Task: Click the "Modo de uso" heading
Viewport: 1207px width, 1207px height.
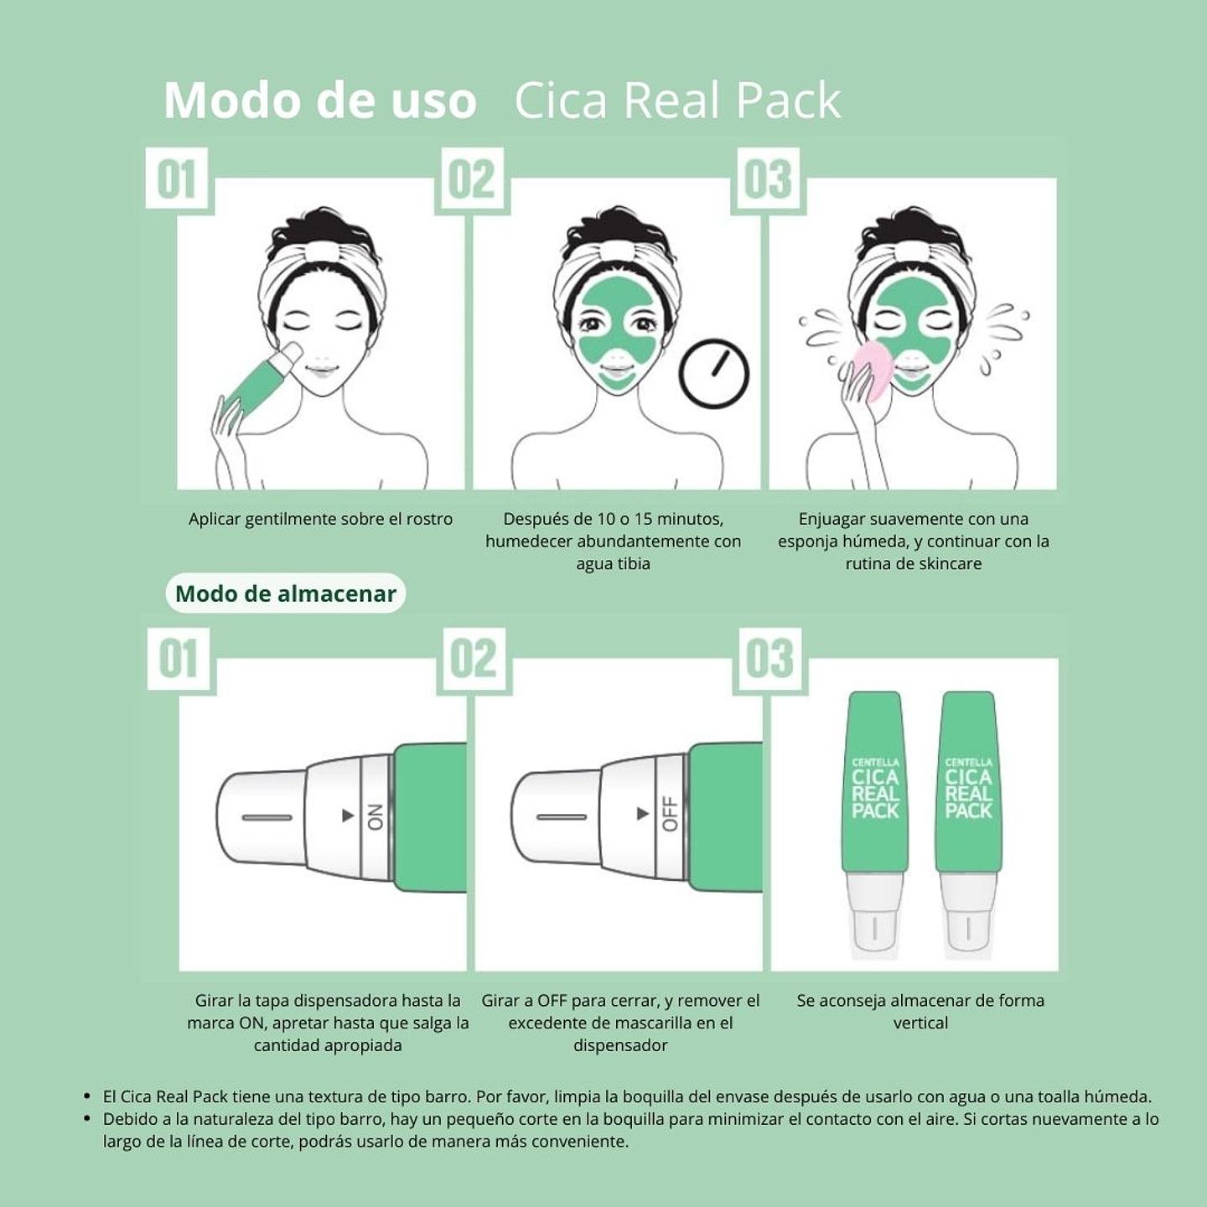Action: (320, 101)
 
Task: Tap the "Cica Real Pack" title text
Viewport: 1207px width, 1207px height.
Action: (677, 101)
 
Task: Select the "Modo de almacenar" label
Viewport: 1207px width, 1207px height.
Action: (285, 593)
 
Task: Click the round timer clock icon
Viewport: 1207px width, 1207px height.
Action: (713, 373)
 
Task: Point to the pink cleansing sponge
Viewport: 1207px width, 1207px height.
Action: (874, 369)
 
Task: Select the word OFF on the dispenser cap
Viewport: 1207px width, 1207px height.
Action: (670, 814)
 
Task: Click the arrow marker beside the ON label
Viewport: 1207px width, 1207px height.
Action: (348, 816)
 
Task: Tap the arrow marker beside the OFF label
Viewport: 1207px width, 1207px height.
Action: (643, 814)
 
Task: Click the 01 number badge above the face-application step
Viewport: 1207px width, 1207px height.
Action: (177, 179)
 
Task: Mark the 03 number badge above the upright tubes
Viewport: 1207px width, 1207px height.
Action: (769, 659)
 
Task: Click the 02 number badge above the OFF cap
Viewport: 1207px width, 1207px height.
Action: (474, 659)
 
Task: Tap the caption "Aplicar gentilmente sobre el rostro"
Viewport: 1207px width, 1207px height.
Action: (320, 519)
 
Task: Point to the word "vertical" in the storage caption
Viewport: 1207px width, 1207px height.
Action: (920, 1023)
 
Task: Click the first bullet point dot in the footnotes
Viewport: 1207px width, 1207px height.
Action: (87, 1096)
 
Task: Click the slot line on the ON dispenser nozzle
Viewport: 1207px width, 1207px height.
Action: (267, 817)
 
